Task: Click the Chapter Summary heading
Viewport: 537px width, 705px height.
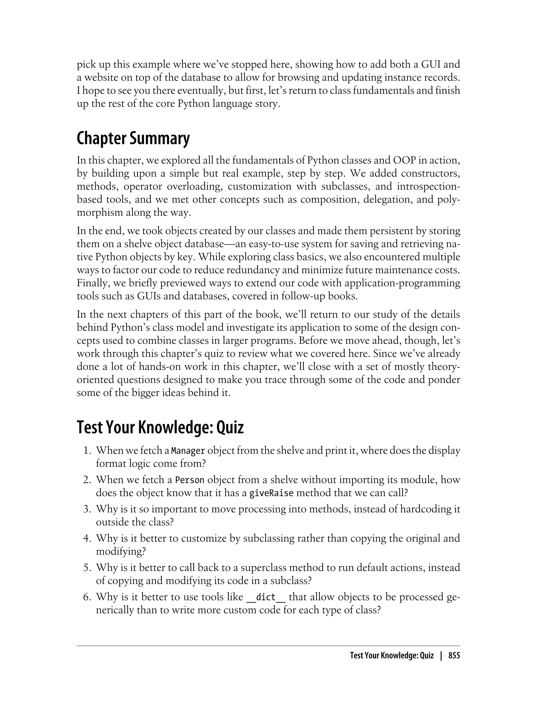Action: coord(133,138)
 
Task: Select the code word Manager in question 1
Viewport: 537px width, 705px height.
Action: coord(188,451)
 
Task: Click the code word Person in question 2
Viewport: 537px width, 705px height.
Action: coord(190,480)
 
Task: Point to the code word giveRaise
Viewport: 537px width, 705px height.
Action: coord(271,493)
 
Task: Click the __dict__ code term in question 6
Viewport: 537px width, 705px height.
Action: coord(266,597)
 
